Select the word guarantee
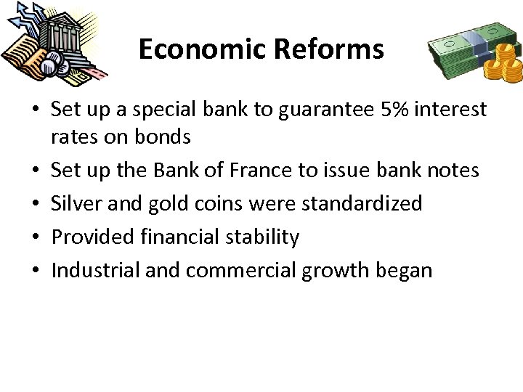323,110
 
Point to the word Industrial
96,270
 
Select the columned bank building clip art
58,40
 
